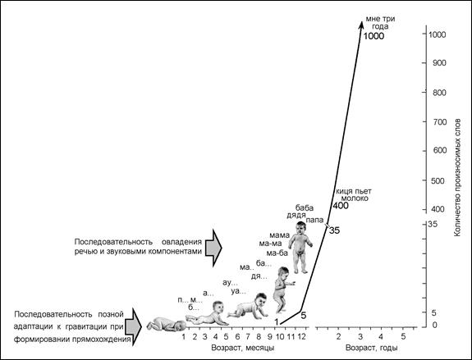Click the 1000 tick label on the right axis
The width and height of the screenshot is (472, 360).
[437, 34]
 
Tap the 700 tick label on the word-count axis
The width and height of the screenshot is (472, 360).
[439, 122]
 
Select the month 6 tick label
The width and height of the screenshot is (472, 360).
[237, 336]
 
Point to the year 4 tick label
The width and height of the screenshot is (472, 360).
[381, 336]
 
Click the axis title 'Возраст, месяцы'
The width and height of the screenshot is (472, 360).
[243, 348]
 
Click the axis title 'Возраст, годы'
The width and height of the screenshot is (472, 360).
[372, 348]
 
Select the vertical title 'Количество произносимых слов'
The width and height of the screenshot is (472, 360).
[457, 177]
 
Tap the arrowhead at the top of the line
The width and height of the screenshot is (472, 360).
[361, 24]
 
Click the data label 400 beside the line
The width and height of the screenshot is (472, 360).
[340, 206]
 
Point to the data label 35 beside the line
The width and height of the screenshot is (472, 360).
[334, 230]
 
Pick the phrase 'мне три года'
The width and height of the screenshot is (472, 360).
[380, 23]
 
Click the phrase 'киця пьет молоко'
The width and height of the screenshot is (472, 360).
[354, 195]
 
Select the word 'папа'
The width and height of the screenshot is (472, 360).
[314, 220]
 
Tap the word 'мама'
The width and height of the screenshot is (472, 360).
[279, 235]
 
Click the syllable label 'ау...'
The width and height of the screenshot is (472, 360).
[230, 283]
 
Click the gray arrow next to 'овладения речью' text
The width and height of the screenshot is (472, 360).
[213, 248]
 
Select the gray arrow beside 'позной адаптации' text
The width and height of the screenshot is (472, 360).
[133, 326]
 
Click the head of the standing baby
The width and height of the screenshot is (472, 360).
[301, 228]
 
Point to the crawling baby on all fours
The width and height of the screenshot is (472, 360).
[249, 306]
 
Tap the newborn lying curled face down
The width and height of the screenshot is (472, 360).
[167, 325]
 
